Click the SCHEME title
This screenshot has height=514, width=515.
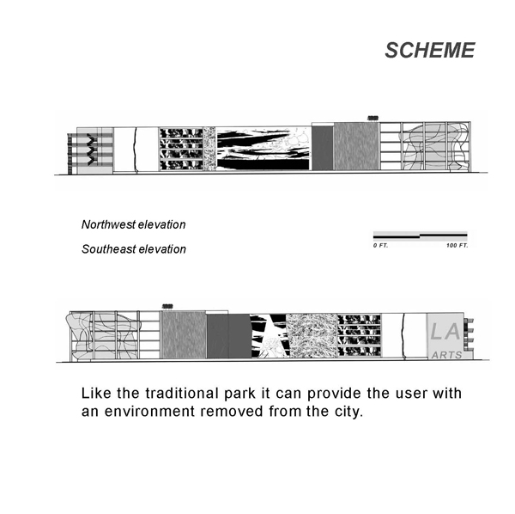tap(430, 51)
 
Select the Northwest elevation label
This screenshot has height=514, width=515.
tap(133, 224)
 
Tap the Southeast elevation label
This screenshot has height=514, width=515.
tap(134, 249)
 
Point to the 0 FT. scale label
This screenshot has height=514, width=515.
tap(380, 245)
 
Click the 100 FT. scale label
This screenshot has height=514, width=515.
tap(457, 245)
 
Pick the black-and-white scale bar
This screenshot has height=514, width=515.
tap(421, 236)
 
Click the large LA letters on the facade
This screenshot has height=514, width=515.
tap(445, 332)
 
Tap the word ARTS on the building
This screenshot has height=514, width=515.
tap(446, 355)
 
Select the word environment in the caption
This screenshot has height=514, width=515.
tap(149, 412)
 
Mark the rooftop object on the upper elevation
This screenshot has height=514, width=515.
tap(373, 118)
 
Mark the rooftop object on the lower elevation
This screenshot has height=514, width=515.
tap(167, 307)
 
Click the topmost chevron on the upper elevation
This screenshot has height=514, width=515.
tap(92, 138)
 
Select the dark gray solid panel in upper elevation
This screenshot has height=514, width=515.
tap(323, 149)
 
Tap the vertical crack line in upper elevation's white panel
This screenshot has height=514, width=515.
tap(135, 150)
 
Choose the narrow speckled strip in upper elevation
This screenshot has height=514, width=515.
tap(209, 149)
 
